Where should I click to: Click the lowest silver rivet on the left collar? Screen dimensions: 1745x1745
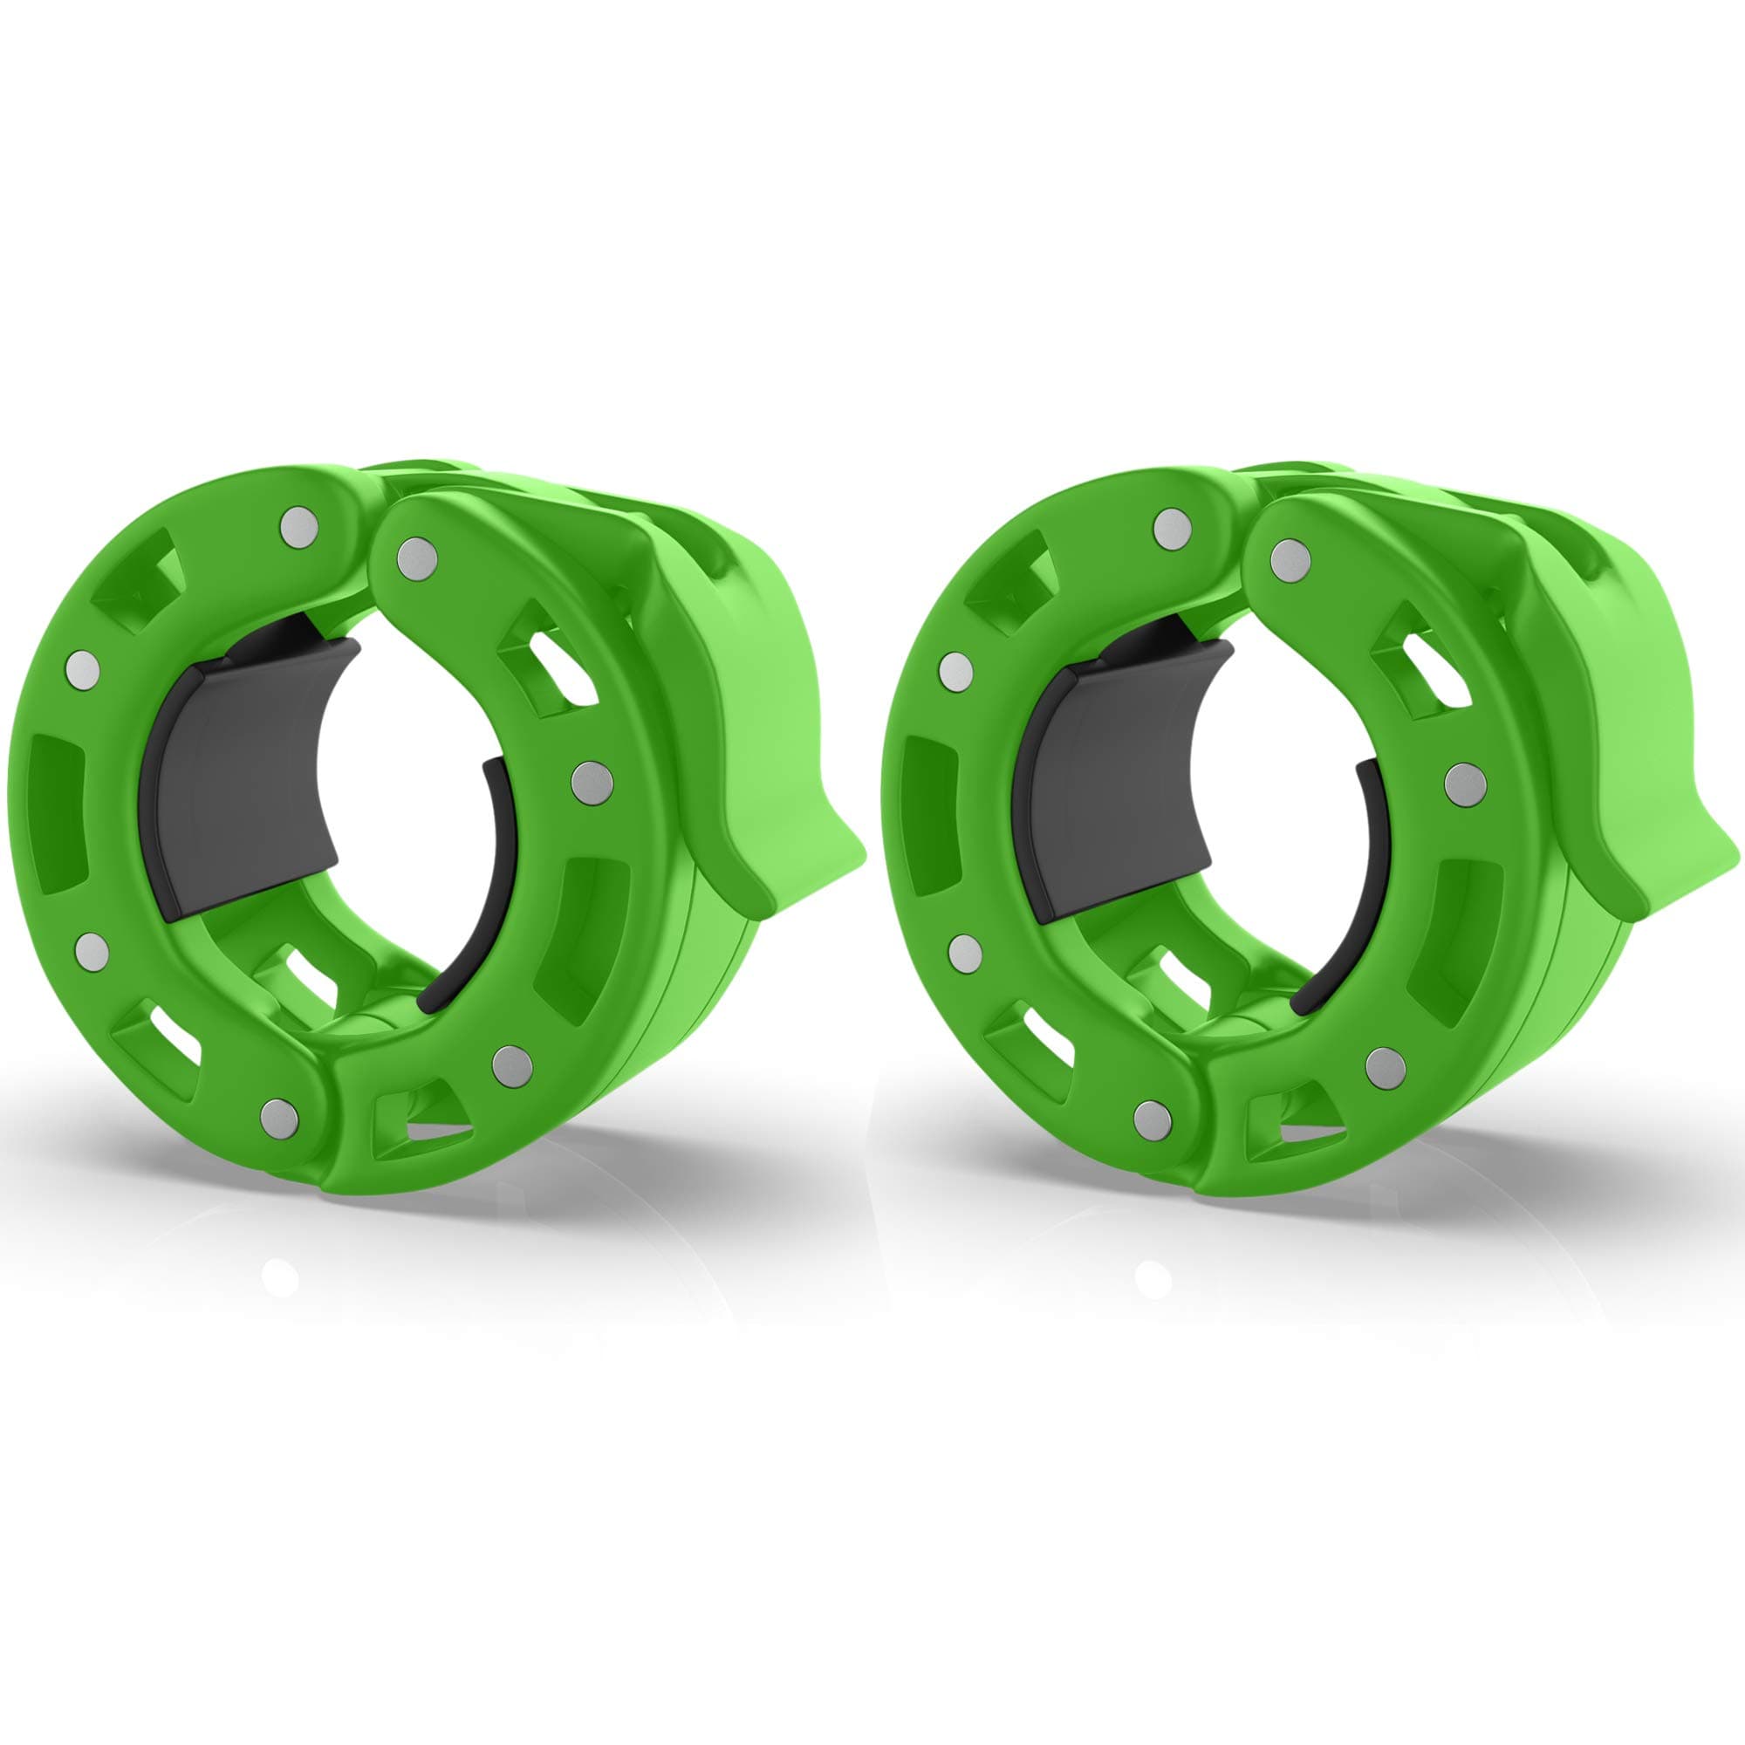(279, 1117)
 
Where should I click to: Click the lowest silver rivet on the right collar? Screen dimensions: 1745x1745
(1153, 1117)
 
